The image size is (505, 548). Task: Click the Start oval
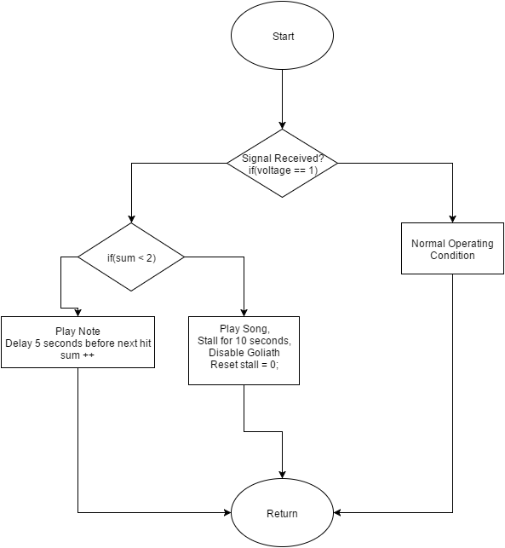tap(282, 35)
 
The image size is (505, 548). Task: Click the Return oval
tap(282, 513)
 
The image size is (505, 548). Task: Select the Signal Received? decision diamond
tap(282, 164)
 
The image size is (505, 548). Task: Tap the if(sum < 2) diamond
tap(131, 257)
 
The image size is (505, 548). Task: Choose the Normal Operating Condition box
tap(452, 248)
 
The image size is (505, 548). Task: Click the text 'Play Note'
tap(77, 331)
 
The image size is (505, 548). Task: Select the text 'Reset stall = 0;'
tap(244, 365)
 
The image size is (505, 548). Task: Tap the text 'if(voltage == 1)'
tap(283, 170)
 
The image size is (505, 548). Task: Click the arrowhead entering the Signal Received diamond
tap(282, 125)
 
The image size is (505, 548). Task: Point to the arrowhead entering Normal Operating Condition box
tap(452, 219)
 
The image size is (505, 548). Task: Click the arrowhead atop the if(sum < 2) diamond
tap(131, 219)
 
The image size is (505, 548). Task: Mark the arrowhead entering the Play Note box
tap(77, 313)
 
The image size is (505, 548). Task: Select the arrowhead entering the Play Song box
tap(244, 313)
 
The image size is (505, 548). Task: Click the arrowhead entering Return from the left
tap(227, 513)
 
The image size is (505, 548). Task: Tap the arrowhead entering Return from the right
tap(337, 513)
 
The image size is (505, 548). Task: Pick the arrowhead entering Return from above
tap(282, 475)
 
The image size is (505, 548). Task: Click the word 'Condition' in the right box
tap(452, 255)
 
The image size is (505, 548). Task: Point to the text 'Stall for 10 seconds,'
tap(244, 340)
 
